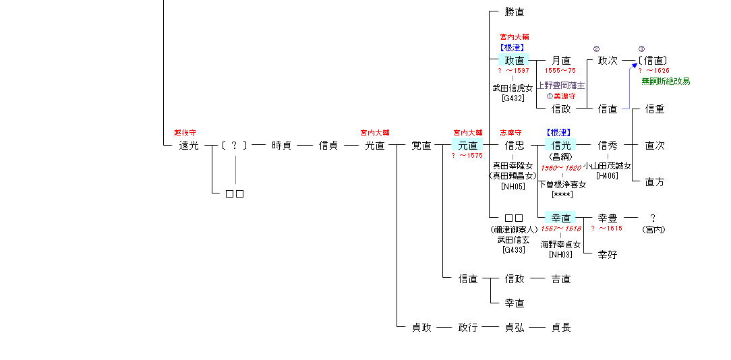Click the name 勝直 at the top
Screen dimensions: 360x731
tap(514, 12)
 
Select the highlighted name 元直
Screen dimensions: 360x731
tap(467, 146)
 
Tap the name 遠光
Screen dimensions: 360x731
tap(189, 146)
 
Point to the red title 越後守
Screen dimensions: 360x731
tap(184, 133)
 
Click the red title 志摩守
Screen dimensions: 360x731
tap(510, 133)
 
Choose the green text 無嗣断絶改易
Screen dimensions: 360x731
tap(666, 82)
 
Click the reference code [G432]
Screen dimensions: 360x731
tap(513, 98)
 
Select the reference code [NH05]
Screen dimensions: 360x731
tap(513, 186)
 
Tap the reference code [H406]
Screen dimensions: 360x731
tap(607, 176)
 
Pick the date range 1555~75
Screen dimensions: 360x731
tap(560, 71)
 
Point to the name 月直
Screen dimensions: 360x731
tap(561, 61)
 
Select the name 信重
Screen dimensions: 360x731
tap(655, 109)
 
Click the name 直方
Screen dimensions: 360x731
tap(655, 182)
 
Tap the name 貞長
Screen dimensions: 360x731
tap(561, 328)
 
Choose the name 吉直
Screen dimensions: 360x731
tap(561, 279)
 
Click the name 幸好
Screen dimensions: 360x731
tap(608, 255)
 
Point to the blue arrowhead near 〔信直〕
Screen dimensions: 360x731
tap(634, 65)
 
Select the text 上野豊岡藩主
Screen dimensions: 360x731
tap(561, 86)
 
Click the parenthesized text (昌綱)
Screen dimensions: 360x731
tap(561, 156)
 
